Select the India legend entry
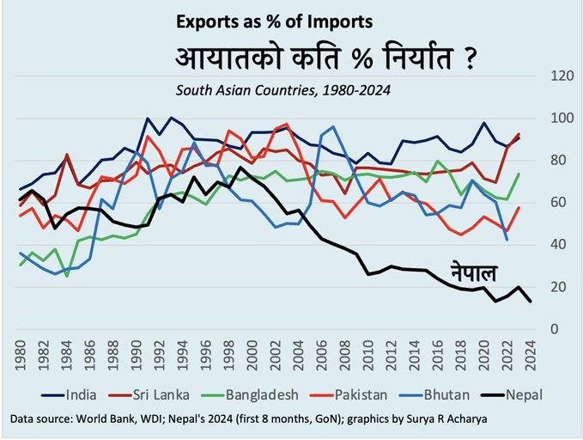[95, 395]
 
